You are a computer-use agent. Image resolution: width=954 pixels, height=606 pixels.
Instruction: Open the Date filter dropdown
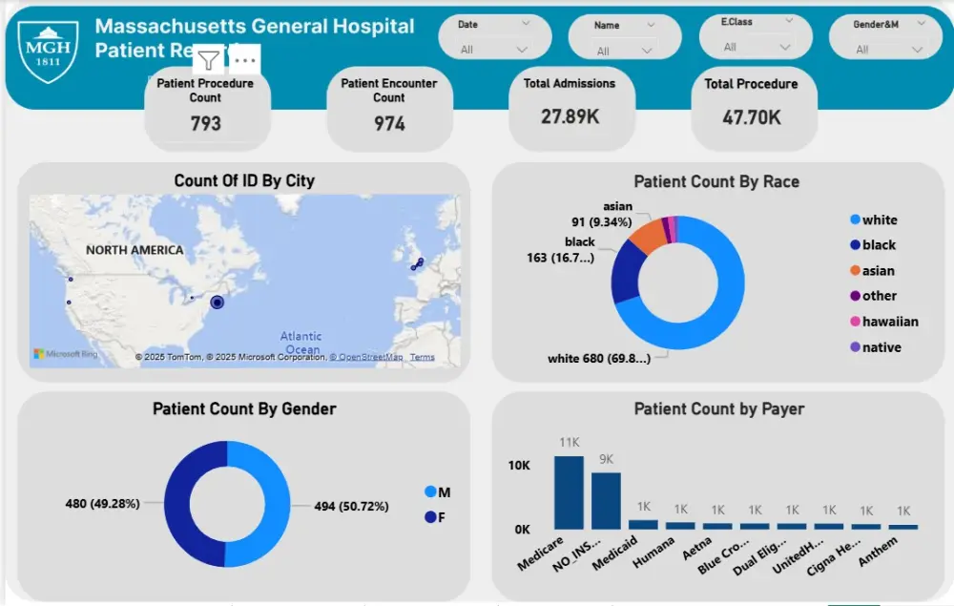[x=521, y=49]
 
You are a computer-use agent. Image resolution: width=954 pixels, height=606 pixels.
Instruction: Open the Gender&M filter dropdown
[x=919, y=49]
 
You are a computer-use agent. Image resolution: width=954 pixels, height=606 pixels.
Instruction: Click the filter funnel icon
[x=208, y=61]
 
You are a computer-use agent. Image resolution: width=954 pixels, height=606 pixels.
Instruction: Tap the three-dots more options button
[x=245, y=61]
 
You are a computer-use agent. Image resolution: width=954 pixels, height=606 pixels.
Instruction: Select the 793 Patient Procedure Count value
[x=205, y=123]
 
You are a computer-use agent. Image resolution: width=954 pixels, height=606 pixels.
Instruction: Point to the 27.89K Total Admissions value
[x=569, y=116]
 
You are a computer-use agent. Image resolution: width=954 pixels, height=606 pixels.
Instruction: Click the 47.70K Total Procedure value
[x=751, y=117]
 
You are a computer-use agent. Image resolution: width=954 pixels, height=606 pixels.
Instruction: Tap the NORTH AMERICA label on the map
[x=135, y=250]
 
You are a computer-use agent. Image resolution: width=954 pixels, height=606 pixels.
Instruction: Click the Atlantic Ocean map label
[x=301, y=343]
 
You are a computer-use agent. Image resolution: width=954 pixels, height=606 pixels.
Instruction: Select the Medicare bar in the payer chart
[x=569, y=492]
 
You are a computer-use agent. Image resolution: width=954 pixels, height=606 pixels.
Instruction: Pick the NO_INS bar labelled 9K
[x=606, y=500]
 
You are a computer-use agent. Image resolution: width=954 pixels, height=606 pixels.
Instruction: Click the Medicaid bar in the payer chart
[x=643, y=524]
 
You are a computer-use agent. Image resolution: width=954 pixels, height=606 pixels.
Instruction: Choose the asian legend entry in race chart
[x=879, y=271]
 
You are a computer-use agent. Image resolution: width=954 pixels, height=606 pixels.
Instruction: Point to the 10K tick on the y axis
[x=519, y=466]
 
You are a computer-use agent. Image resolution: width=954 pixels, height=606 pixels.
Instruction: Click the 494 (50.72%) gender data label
[x=352, y=506]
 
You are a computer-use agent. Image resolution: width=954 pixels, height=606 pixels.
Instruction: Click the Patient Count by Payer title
[x=718, y=408]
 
